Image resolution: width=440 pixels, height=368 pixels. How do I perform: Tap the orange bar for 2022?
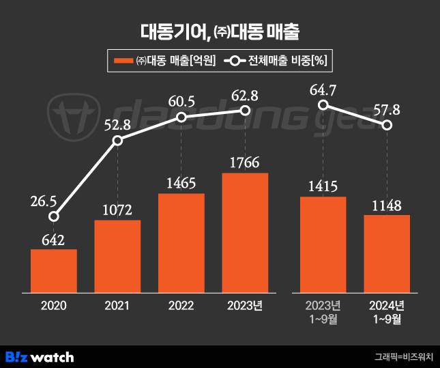click(181, 243)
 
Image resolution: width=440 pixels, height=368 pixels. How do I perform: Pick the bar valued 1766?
click(245, 233)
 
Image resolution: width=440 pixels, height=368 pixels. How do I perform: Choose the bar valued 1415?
click(323, 244)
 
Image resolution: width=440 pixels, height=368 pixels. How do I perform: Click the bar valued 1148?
click(387, 253)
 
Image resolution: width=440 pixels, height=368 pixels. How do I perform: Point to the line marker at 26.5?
click(54, 216)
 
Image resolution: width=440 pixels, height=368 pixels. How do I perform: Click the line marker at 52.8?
click(117, 140)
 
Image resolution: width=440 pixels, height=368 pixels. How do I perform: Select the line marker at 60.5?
click(181, 117)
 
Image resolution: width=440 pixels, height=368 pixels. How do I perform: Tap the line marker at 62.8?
click(245, 111)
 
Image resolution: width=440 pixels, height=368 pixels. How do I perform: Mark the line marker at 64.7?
click(323, 104)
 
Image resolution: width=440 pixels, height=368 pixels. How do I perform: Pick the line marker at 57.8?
click(387, 125)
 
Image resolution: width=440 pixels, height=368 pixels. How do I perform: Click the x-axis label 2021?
click(117, 306)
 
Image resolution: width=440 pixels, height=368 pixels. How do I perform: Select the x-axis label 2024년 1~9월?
click(387, 311)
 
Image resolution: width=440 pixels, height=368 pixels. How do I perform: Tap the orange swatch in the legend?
click(123, 61)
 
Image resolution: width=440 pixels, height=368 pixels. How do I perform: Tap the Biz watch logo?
click(40, 356)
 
